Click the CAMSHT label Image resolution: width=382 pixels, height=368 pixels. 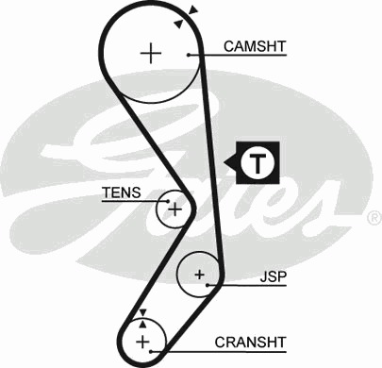255,46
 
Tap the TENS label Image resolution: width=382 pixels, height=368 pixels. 122,192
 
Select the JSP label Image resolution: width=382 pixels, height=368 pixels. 274,276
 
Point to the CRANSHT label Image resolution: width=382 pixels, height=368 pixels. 250,343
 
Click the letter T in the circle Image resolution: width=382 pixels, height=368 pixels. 257,163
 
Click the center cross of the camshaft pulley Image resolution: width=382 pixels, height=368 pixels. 151,53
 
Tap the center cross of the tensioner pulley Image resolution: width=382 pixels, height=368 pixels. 174,209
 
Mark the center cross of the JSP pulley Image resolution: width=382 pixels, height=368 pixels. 199,275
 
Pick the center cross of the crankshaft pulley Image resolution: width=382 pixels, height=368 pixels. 143,342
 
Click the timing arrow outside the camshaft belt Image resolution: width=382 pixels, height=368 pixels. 193,10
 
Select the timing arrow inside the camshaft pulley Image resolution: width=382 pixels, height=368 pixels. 178,24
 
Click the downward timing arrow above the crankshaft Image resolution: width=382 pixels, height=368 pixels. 143,312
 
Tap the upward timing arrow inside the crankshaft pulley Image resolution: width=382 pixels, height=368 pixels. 143,324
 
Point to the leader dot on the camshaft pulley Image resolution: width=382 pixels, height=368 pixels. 189,55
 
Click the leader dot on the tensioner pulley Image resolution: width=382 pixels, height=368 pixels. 168,201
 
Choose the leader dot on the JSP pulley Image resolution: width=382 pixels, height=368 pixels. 208,285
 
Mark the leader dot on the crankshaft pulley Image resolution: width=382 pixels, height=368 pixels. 151,351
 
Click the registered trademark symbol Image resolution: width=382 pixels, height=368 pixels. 374,218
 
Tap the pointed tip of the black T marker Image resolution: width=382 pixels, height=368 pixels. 224,162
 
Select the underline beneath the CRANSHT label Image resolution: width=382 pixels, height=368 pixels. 219,351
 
